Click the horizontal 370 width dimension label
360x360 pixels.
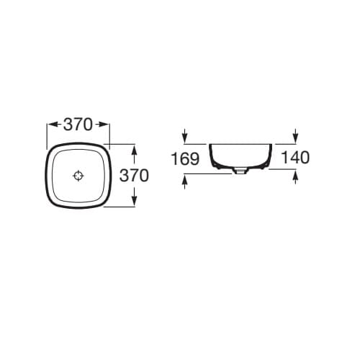click(x=78, y=125)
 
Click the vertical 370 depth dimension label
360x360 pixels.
click(x=134, y=175)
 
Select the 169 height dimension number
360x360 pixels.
click(x=185, y=158)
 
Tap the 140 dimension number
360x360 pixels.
click(x=295, y=158)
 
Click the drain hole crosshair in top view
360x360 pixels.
click(x=78, y=176)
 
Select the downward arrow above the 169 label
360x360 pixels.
click(x=184, y=135)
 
